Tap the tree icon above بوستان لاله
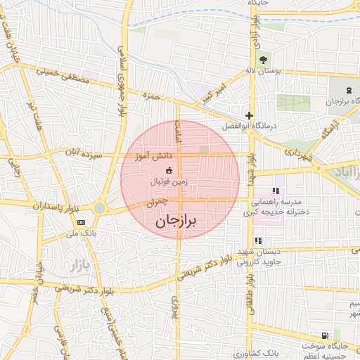click(264, 59)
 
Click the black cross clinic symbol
click(249, 115)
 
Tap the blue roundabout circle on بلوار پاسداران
click(100, 207)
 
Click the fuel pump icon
click(324, 335)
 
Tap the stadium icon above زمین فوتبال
click(169, 170)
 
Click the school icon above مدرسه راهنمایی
click(276, 190)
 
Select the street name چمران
click(157, 201)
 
